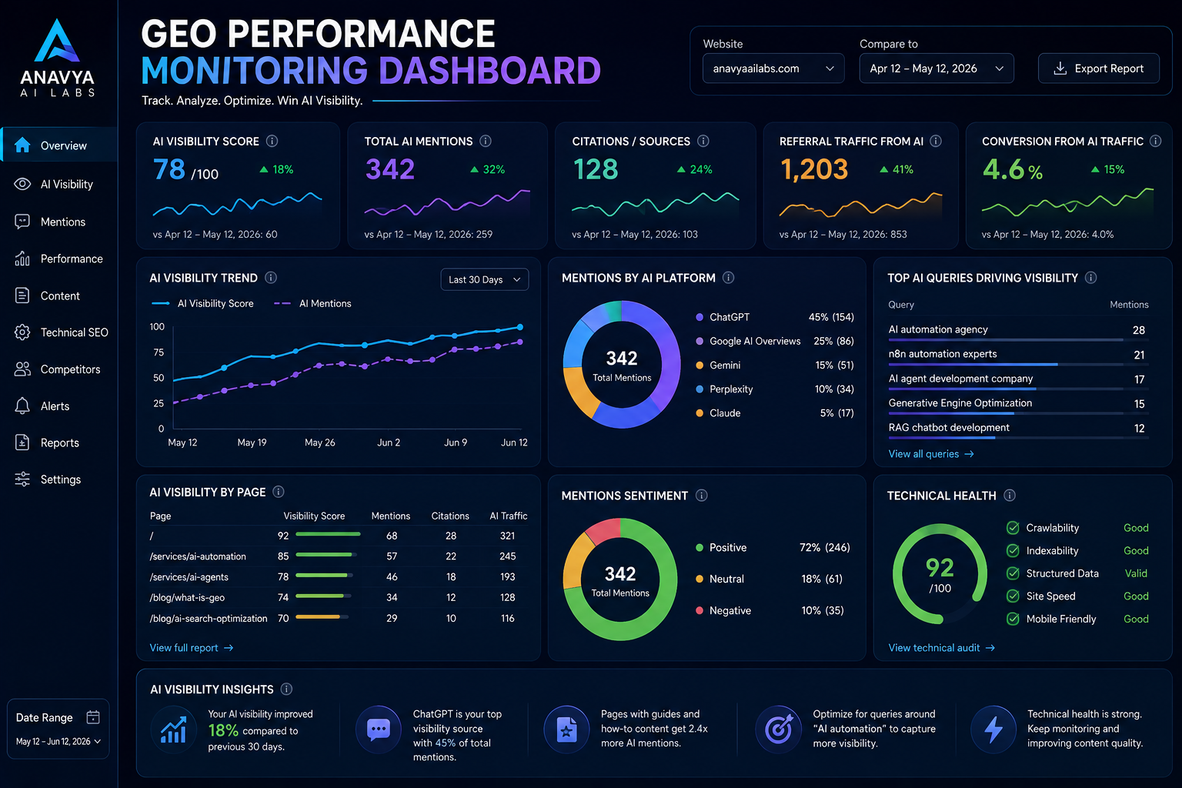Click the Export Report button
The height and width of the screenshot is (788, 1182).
click(1098, 68)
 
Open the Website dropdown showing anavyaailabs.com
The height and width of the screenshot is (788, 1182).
click(773, 68)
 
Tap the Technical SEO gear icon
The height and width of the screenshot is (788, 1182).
click(22, 332)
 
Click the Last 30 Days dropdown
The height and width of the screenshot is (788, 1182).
click(484, 280)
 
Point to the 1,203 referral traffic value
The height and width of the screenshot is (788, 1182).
click(814, 169)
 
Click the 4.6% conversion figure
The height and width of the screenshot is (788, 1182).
click(1012, 170)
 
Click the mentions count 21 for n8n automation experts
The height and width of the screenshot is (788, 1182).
click(1139, 355)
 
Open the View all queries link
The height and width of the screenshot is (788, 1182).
click(931, 454)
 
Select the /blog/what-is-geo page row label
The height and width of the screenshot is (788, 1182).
click(187, 597)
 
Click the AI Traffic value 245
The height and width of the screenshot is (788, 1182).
click(507, 556)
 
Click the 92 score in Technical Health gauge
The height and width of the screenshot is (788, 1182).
click(940, 568)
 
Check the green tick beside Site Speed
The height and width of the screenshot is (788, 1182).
click(1013, 596)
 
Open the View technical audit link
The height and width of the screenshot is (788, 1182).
click(941, 648)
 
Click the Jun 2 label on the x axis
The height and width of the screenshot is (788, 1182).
click(389, 442)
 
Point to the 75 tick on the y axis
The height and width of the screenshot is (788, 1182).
click(159, 352)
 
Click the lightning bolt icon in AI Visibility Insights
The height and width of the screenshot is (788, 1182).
click(993, 729)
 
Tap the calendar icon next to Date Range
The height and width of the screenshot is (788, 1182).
click(93, 717)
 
